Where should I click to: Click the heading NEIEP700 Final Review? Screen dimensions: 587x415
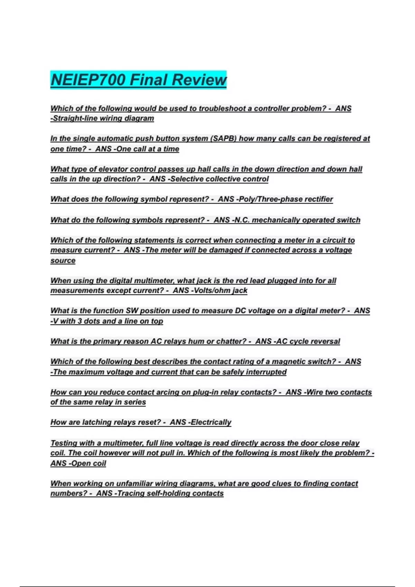point(138,80)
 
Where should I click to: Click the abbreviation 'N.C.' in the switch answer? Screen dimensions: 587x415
point(242,220)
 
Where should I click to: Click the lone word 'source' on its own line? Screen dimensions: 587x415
point(63,260)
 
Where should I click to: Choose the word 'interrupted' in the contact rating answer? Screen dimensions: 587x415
point(266,372)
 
